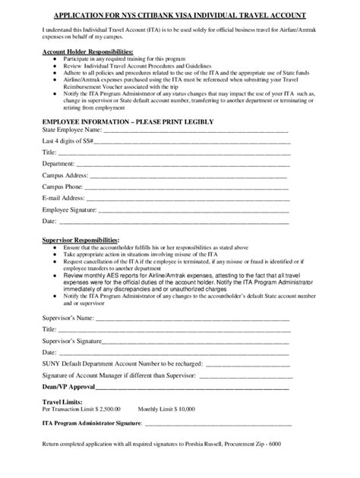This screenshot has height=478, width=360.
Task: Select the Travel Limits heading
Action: pyautogui.click(x=62, y=401)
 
